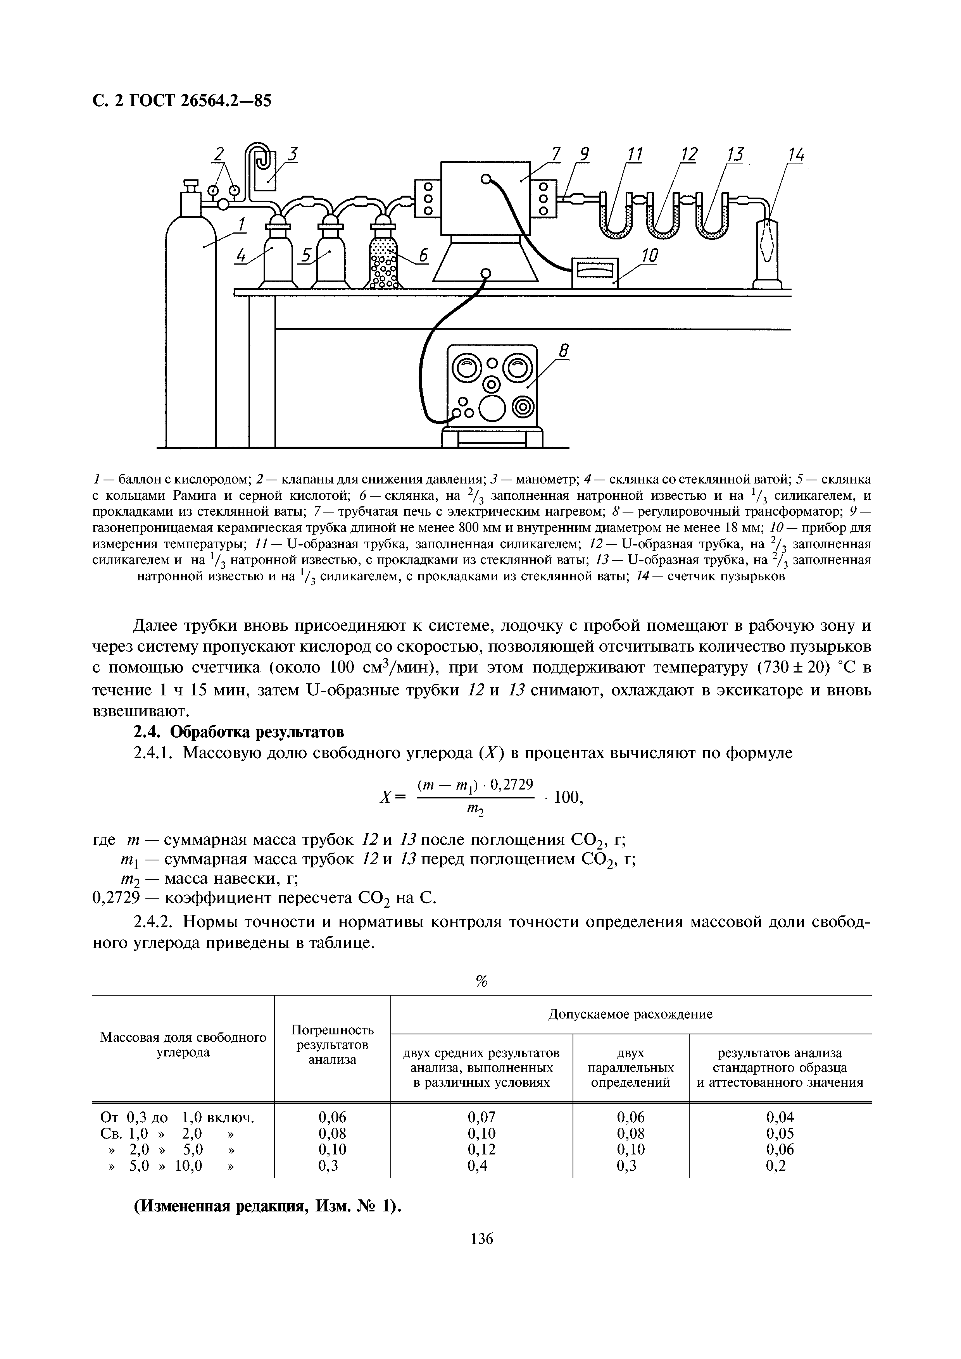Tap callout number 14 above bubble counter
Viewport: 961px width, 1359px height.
click(796, 155)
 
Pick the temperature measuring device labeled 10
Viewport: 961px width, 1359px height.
click(595, 272)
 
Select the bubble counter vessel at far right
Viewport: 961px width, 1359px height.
click(768, 251)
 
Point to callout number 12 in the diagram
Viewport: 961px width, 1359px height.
click(688, 155)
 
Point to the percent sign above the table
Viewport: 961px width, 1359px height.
click(481, 981)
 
